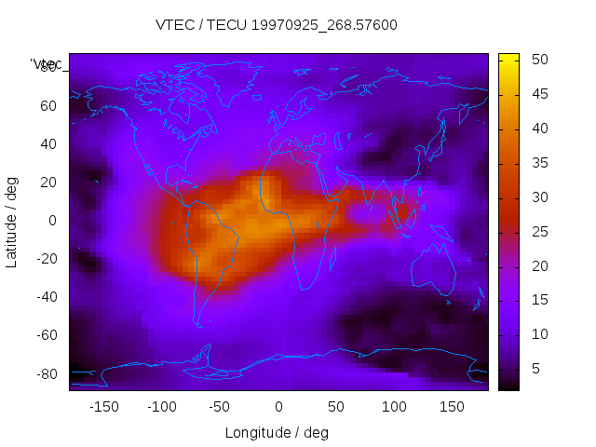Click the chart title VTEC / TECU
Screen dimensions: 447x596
click(x=277, y=25)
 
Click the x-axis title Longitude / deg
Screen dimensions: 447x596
click(x=277, y=432)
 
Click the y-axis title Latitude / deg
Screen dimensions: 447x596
click(x=12, y=221)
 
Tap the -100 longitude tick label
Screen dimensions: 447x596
click(x=162, y=406)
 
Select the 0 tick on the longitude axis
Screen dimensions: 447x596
click(x=278, y=406)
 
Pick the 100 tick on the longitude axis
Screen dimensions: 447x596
click(x=395, y=406)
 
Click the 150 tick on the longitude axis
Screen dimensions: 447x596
click(x=453, y=406)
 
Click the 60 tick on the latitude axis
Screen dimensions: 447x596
click(x=49, y=105)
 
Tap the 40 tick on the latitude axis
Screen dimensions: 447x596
click(x=49, y=143)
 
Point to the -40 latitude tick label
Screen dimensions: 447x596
click(x=46, y=297)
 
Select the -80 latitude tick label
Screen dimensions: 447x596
click(x=46, y=373)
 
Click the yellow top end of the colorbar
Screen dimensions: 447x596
click(x=508, y=59)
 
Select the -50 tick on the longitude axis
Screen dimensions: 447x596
click(x=220, y=406)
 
